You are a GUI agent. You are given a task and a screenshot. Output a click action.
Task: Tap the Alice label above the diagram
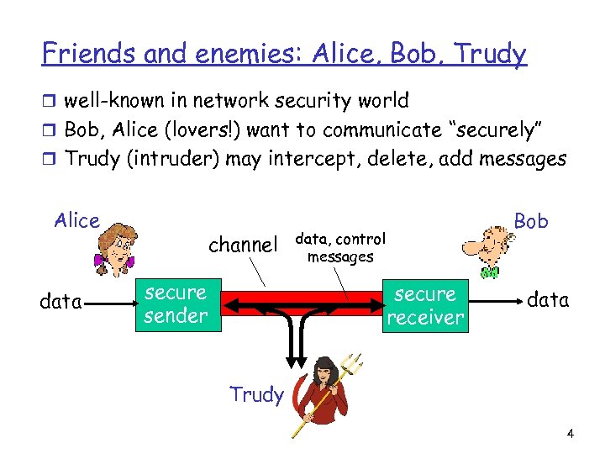pos(76,221)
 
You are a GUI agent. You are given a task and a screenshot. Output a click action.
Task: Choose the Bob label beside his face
pos(531,221)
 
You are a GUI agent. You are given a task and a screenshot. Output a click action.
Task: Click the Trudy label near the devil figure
pos(256,394)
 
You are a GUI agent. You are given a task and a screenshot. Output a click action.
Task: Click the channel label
pos(242,245)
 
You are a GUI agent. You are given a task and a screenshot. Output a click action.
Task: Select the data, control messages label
pos(340,248)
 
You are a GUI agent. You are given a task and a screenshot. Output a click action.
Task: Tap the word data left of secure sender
pos(60,300)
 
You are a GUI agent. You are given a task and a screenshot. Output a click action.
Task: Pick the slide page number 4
pos(571,434)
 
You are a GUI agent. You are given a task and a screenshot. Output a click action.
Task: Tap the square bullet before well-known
pos(50,102)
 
